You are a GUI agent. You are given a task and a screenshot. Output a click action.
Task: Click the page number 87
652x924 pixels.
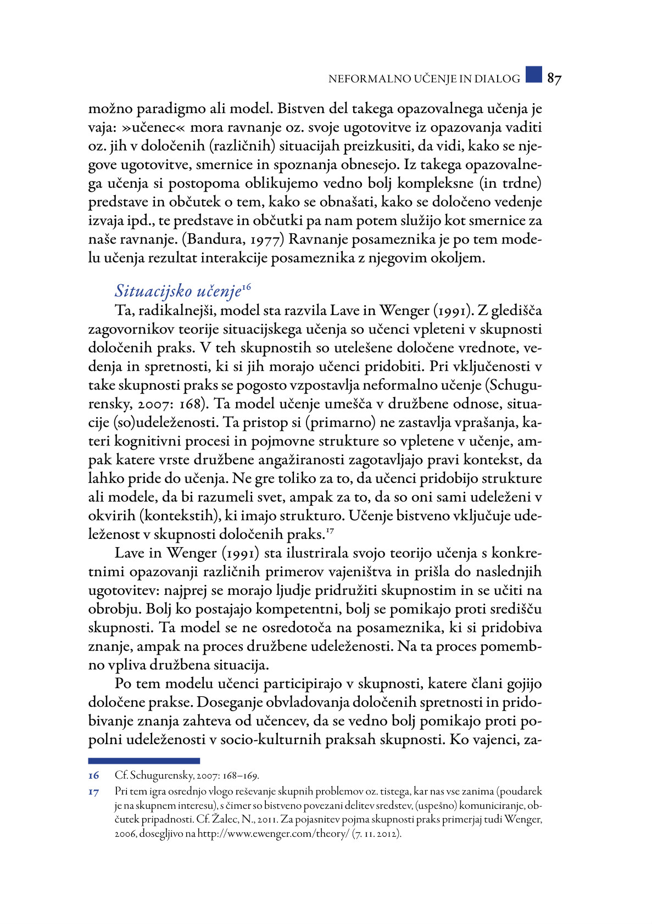pyautogui.click(x=554, y=79)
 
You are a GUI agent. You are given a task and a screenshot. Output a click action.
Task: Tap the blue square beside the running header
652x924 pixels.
pyautogui.click(x=533, y=75)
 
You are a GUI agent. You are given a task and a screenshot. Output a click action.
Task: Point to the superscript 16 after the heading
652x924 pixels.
pyautogui.click(x=246, y=286)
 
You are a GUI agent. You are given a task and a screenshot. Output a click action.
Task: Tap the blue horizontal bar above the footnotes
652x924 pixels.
pyautogui.click(x=144, y=761)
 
